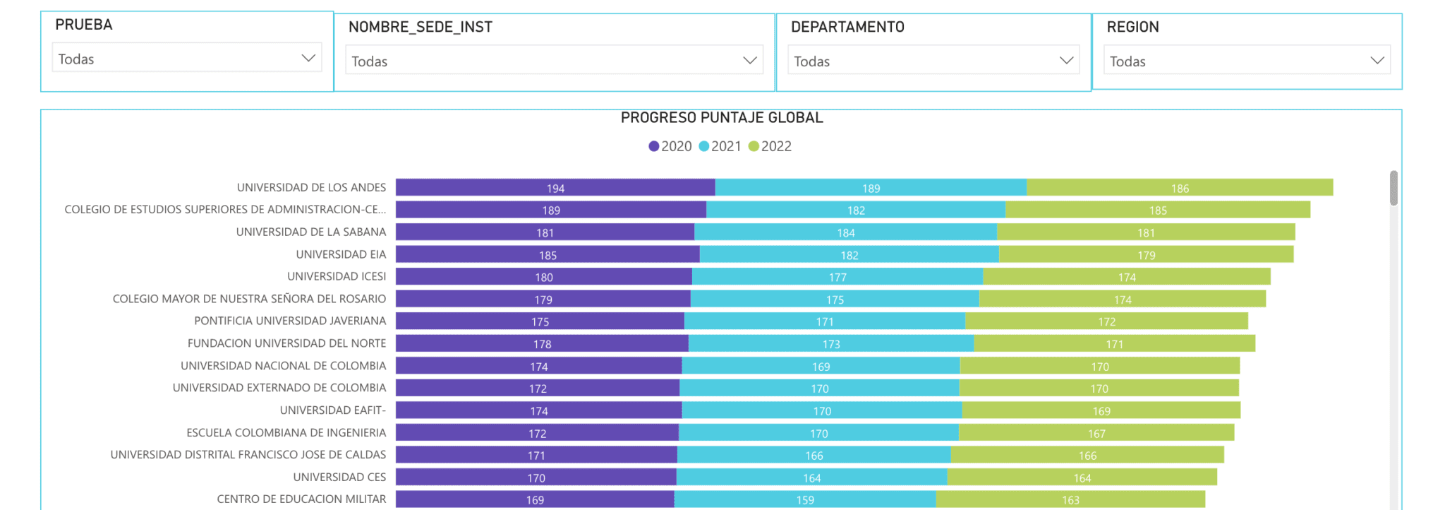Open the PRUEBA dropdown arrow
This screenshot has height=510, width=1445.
coord(308,58)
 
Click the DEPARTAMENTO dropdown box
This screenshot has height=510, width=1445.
coord(933,61)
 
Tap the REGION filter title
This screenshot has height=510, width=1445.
coord(1132,27)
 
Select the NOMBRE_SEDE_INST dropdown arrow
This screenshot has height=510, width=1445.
coord(750,61)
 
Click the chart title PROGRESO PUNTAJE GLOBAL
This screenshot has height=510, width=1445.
coord(722,118)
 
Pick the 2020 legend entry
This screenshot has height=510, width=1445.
coord(670,146)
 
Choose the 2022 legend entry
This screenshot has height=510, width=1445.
coord(770,146)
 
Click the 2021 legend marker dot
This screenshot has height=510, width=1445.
coord(703,146)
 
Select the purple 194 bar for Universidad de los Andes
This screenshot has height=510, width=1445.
coord(555,187)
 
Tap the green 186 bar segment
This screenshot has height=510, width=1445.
coord(1180,187)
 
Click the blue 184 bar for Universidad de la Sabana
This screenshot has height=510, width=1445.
coord(845,232)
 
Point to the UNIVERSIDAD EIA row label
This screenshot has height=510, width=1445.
coord(341,254)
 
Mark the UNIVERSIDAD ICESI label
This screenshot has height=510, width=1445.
coord(337,276)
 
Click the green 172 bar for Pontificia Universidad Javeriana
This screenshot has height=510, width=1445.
coord(1106,321)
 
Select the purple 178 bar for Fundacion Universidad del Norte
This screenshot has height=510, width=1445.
coord(542,343)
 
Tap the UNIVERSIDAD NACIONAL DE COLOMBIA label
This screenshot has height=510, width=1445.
coord(283,366)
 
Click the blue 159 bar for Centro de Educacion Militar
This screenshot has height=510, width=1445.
coord(805,499)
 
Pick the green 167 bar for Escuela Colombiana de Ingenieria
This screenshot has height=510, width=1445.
coord(1096,432)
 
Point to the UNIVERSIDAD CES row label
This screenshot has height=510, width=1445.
coord(339,478)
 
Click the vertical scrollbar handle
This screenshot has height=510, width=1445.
coord(1393,188)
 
